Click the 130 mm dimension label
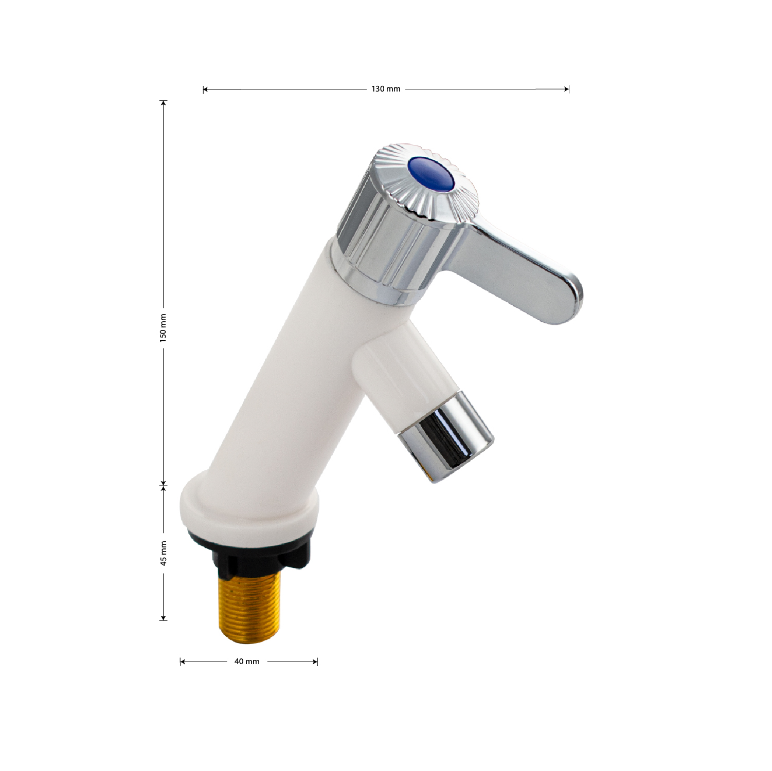386,89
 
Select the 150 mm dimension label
163,328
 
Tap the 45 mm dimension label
164,553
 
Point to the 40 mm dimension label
247,662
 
